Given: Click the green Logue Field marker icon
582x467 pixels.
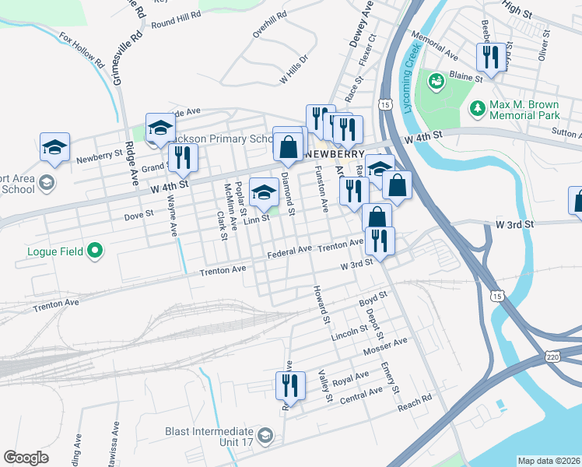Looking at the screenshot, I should tap(95, 251).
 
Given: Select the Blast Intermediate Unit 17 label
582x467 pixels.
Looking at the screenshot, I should tap(210, 437).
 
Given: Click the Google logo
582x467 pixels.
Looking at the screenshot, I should tap(26, 458).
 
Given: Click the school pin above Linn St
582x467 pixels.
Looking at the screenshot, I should tap(264, 191).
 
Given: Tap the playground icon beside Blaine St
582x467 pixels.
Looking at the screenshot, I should tap(436, 79).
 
